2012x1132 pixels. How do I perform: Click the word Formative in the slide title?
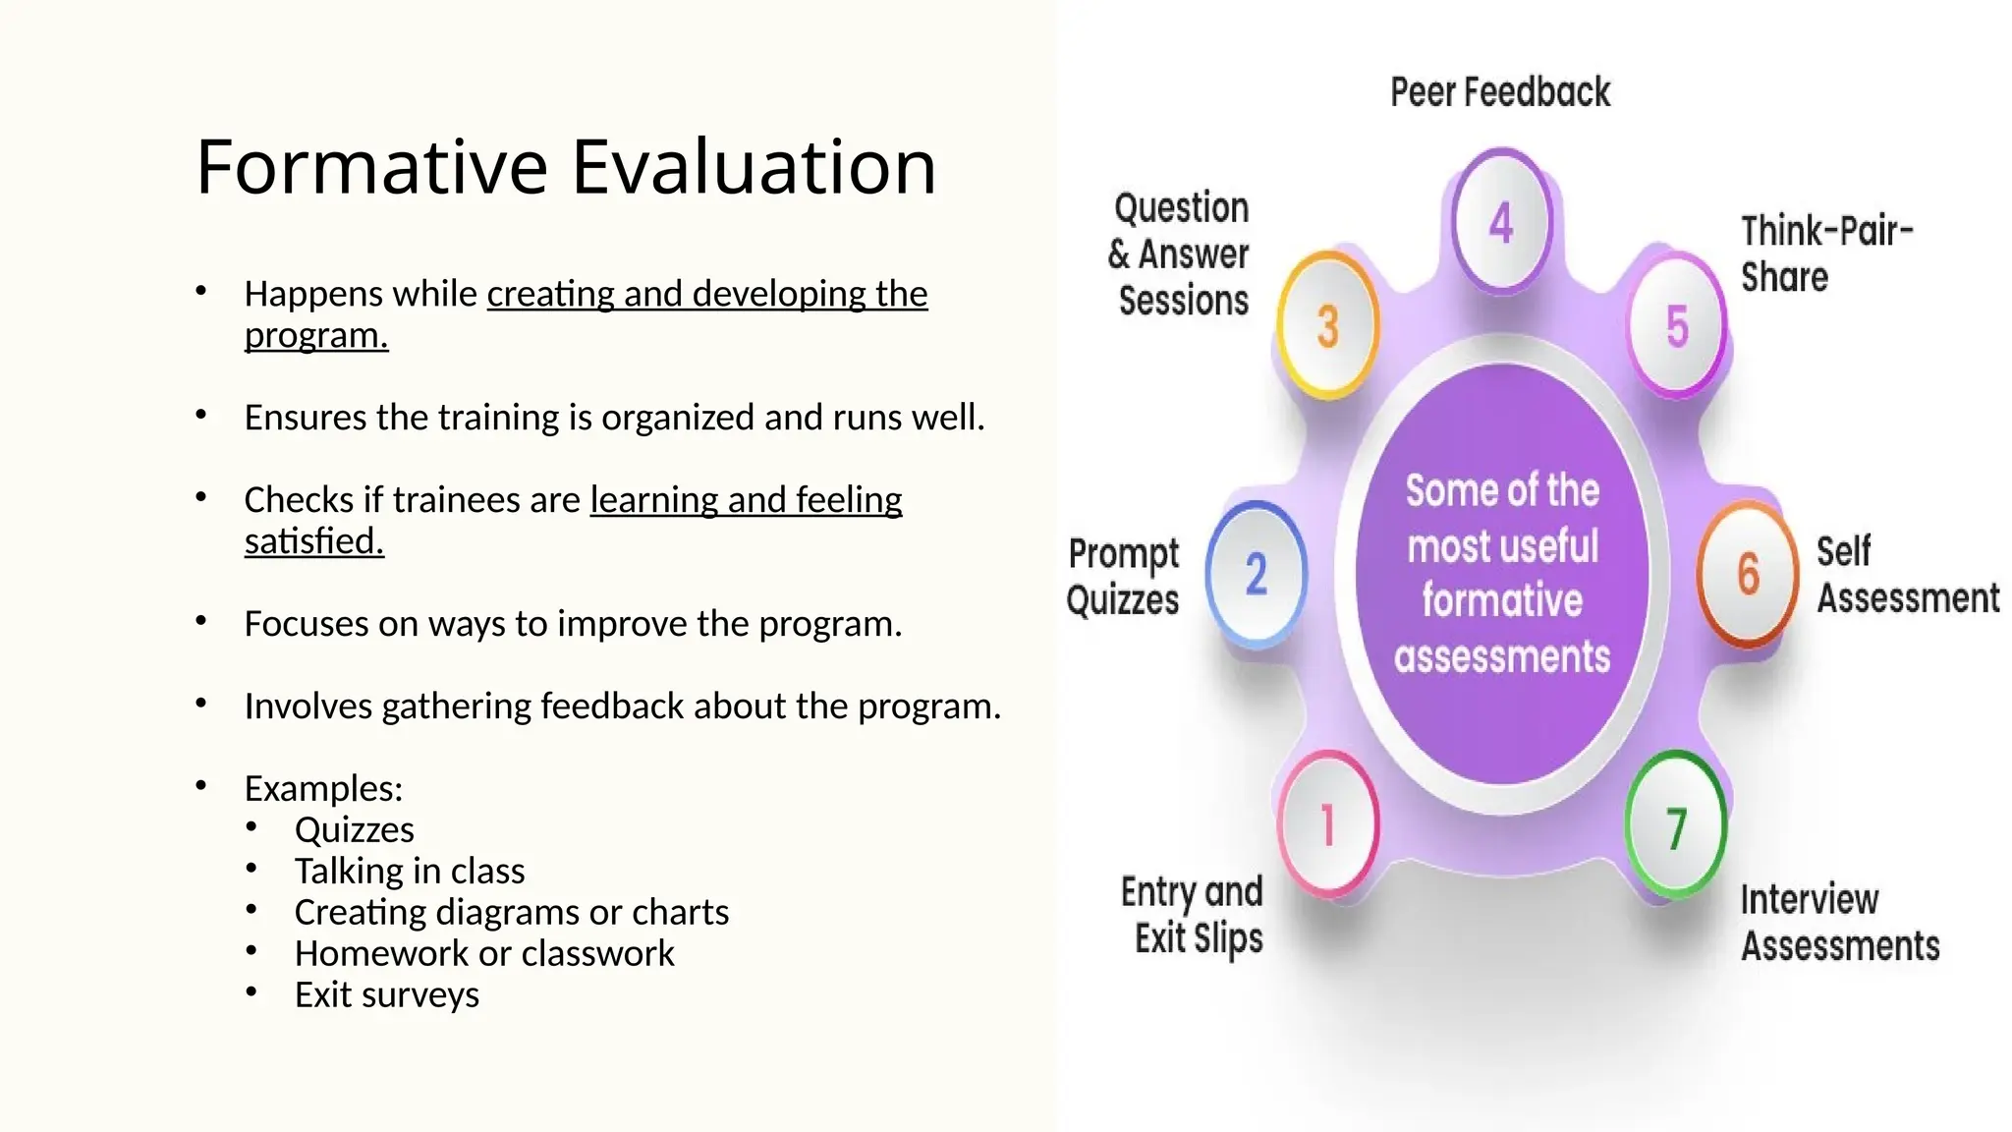coord(371,167)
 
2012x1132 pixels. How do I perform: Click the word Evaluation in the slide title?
coord(754,167)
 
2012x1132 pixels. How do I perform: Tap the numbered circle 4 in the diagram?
coord(1500,223)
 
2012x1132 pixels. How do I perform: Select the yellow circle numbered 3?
coord(1327,325)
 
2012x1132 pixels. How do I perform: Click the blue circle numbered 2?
coord(1256,574)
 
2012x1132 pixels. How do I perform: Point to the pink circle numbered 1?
coord(1327,823)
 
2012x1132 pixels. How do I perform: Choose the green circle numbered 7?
coord(1675,825)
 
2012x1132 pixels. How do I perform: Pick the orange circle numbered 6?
coord(1747,574)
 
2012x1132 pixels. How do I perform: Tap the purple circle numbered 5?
coord(1676,325)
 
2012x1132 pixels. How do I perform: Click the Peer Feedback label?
coord(1499,92)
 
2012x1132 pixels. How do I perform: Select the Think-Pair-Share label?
coord(1825,255)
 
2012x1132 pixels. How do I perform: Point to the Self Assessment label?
coord(1906,575)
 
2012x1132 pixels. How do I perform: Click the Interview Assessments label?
coord(1839,923)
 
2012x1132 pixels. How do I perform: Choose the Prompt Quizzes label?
coord(1123,577)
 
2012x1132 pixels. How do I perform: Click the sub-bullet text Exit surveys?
coord(386,994)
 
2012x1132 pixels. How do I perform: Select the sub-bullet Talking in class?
coord(409,871)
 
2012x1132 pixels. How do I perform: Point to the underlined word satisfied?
coord(313,541)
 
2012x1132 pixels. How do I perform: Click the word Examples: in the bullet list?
coord(323,788)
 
